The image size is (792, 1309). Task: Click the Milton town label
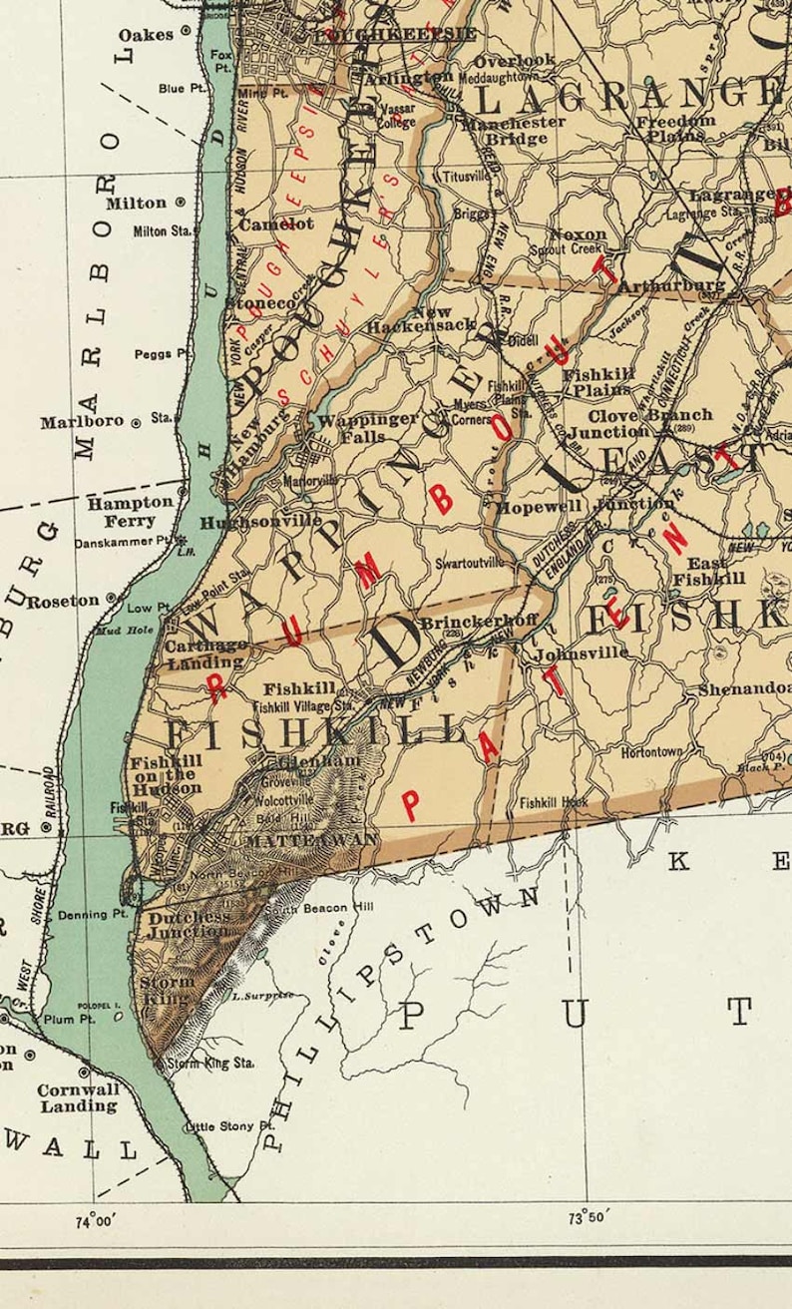coord(137,203)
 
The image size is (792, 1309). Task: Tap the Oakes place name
coord(147,35)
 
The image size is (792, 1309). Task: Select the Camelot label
coord(276,224)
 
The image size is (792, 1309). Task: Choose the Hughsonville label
coord(261,522)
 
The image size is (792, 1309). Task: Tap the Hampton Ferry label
coord(130,511)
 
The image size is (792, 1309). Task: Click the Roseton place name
coord(63,602)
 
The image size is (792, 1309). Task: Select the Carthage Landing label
coord(205,654)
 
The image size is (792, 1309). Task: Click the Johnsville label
coord(582,654)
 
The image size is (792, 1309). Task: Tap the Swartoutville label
coord(468,563)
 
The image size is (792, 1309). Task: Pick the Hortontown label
coord(652,751)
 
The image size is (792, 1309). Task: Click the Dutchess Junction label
coord(189,924)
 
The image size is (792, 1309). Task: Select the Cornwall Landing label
coord(79,1097)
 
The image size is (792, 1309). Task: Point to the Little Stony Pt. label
coord(229,1126)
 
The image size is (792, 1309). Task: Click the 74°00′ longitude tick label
coord(97,1219)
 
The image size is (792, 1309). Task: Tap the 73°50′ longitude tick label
coord(589,1217)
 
